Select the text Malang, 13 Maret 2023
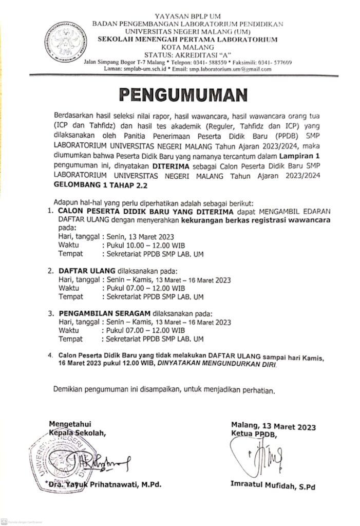(x=273, y=427)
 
